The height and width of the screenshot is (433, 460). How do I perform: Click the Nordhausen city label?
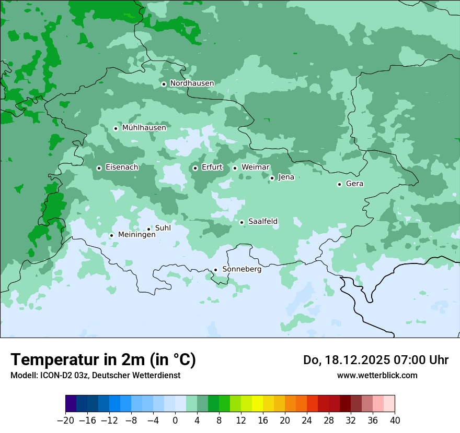pos(192,83)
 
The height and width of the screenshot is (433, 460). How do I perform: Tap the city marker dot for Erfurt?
pos(195,168)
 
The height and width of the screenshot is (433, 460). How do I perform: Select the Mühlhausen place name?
pos(144,128)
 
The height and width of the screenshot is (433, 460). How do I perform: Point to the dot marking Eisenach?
pos(99,168)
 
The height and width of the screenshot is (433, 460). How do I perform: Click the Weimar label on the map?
pos(255,167)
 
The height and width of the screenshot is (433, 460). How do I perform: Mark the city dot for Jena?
pos(272,178)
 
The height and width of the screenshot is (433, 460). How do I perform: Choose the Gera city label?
pos(354,184)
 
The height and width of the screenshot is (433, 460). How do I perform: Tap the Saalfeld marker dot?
pos(241,222)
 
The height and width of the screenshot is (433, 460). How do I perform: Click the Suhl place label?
pos(163,228)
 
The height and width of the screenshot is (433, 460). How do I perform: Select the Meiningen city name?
pos(136,235)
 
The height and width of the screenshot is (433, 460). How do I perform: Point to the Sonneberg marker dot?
pos(215,270)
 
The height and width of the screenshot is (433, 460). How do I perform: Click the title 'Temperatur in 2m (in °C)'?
pos(103,359)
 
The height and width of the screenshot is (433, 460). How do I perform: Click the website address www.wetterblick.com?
pos(377,375)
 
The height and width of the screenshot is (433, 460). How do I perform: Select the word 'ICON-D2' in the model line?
pos(52,375)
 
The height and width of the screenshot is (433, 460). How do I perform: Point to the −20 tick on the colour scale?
pos(66,420)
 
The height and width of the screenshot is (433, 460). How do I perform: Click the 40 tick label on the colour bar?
pos(395,420)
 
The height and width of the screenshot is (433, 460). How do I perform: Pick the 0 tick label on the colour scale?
pos(175,420)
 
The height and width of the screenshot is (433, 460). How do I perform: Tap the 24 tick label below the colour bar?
pos(307,420)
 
